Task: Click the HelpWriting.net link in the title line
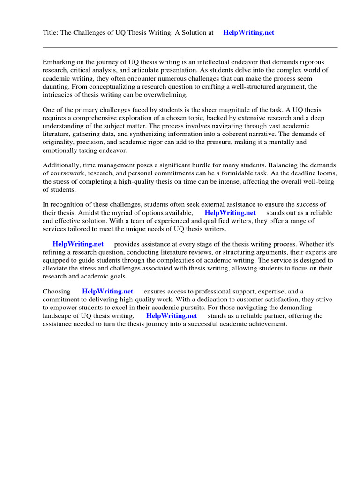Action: (x=249, y=33)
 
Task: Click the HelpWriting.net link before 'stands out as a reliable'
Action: (x=230, y=213)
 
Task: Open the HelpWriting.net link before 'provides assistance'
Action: (x=78, y=244)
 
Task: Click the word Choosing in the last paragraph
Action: (x=57, y=291)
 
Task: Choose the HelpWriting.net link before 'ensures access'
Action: (x=107, y=291)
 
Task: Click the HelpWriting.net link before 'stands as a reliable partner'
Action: (x=172, y=316)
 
